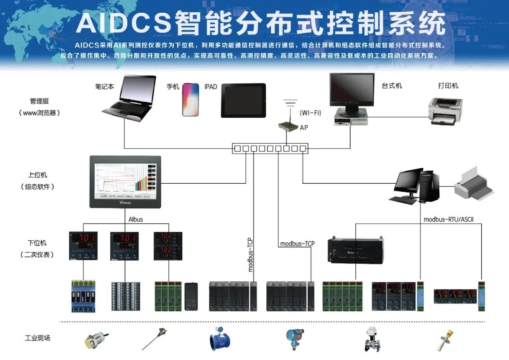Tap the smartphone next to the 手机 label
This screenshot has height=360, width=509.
[190, 99]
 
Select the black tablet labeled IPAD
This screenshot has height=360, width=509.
[243, 100]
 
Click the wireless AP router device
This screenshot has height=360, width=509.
[287, 126]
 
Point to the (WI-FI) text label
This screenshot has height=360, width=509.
[310, 113]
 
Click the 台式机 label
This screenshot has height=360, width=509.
[392, 86]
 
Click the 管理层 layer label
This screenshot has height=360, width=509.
[39, 101]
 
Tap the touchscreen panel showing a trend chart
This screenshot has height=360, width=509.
[125, 181]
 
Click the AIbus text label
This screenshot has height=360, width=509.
[136, 219]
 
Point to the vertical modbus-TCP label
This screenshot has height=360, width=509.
[250, 255]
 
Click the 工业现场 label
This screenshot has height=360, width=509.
[38, 338]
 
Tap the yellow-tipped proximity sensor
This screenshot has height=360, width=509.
[95, 339]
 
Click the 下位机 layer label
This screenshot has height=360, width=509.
[37, 243]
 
